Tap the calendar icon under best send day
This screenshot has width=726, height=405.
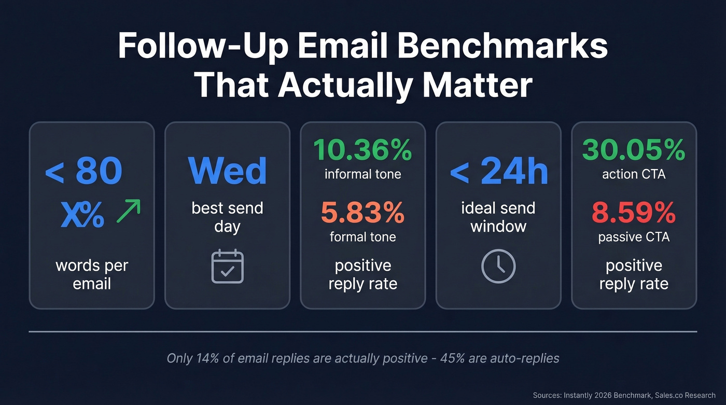227,266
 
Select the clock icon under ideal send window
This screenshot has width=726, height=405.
498,267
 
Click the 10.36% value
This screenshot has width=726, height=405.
362,150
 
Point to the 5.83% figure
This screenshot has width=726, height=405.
362,213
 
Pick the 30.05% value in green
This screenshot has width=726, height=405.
634,150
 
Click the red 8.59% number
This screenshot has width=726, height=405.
634,213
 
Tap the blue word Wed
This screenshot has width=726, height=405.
227,171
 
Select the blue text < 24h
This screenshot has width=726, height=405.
498,171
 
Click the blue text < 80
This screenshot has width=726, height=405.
84,171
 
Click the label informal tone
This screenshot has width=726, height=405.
362,174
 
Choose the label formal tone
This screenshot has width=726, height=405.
362,237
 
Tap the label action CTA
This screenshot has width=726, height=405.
634,174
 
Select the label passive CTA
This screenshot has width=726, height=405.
634,237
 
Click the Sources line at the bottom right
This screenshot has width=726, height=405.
624,395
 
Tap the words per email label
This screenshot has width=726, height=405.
92,275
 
